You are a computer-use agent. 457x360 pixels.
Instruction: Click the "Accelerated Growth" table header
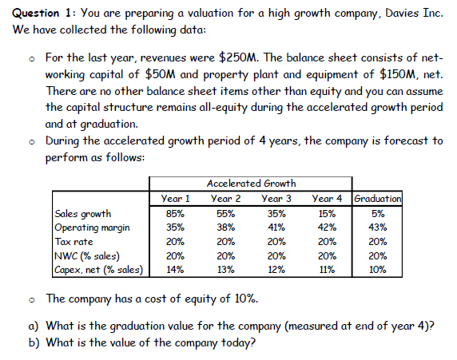[250, 184]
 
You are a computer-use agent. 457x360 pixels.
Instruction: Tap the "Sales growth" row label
[83, 214]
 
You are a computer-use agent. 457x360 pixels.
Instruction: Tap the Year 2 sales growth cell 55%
[225, 214]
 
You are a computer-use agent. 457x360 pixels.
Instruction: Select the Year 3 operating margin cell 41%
[276, 227]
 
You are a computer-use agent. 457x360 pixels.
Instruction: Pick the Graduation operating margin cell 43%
[378, 227]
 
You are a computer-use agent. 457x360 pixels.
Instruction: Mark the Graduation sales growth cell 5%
[378, 214]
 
